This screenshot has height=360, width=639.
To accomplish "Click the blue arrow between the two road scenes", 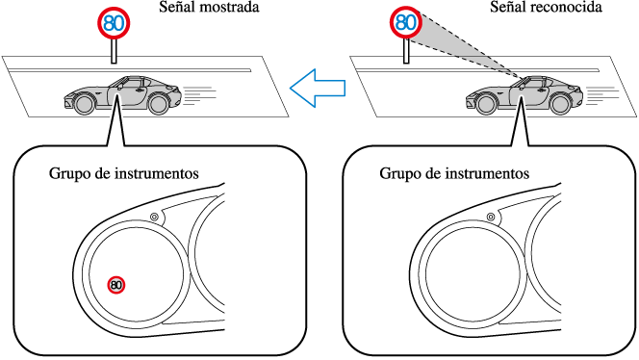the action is pyautogui.click(x=318, y=88).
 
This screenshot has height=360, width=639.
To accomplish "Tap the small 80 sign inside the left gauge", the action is pyautogui.click(x=116, y=285).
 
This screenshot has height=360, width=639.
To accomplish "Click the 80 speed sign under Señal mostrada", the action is pyautogui.click(x=114, y=23).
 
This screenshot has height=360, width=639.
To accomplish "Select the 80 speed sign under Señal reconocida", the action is pyautogui.click(x=406, y=23).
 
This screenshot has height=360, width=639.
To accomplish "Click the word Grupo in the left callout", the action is pyautogui.click(x=65, y=173).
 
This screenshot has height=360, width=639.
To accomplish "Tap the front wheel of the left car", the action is pyautogui.click(x=86, y=103).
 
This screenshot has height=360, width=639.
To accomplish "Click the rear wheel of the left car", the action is pyautogui.click(x=158, y=104).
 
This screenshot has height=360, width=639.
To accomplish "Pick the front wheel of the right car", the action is pyautogui.click(x=487, y=103).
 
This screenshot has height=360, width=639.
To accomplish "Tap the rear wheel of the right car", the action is pyautogui.click(x=559, y=104).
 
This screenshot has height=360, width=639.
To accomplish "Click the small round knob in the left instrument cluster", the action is pyautogui.click(x=154, y=217).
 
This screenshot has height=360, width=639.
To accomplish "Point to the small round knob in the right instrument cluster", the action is pyautogui.click(x=492, y=217).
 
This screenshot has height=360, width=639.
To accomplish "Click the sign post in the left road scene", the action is pyautogui.click(x=115, y=51).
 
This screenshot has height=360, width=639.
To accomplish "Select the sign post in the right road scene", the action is pyautogui.click(x=406, y=51).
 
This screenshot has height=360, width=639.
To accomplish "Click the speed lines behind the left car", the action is pyautogui.click(x=200, y=95).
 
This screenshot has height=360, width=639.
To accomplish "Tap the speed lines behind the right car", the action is pyautogui.click(x=602, y=95).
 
